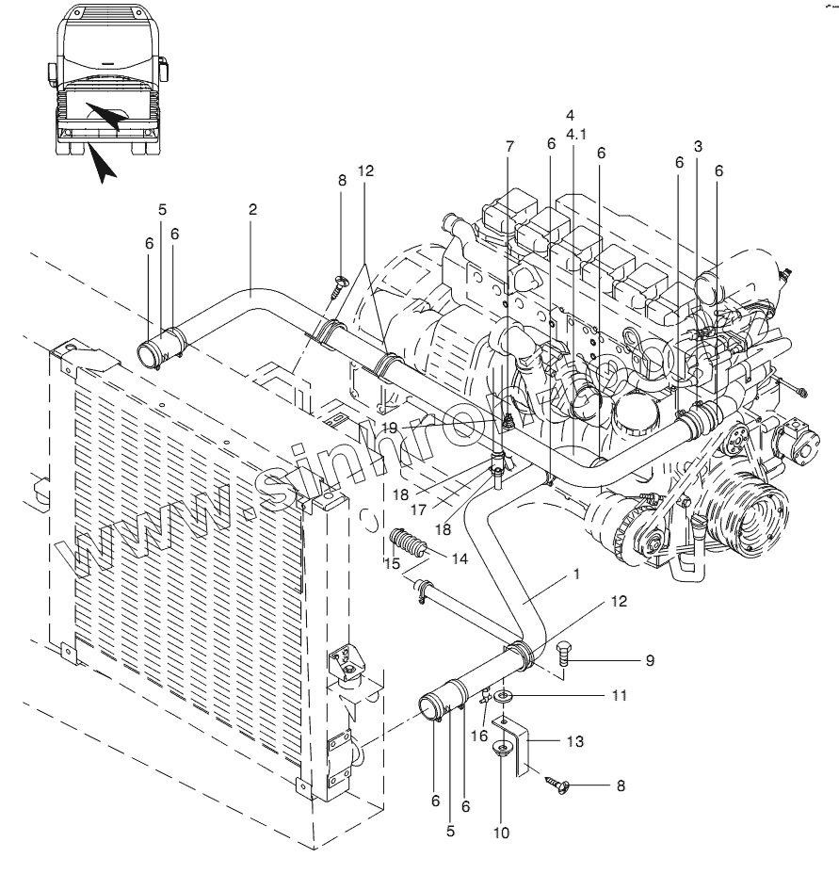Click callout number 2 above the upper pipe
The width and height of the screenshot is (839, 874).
click(253, 210)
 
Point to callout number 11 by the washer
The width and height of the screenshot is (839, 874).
click(618, 696)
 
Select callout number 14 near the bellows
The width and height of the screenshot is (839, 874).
click(460, 558)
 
